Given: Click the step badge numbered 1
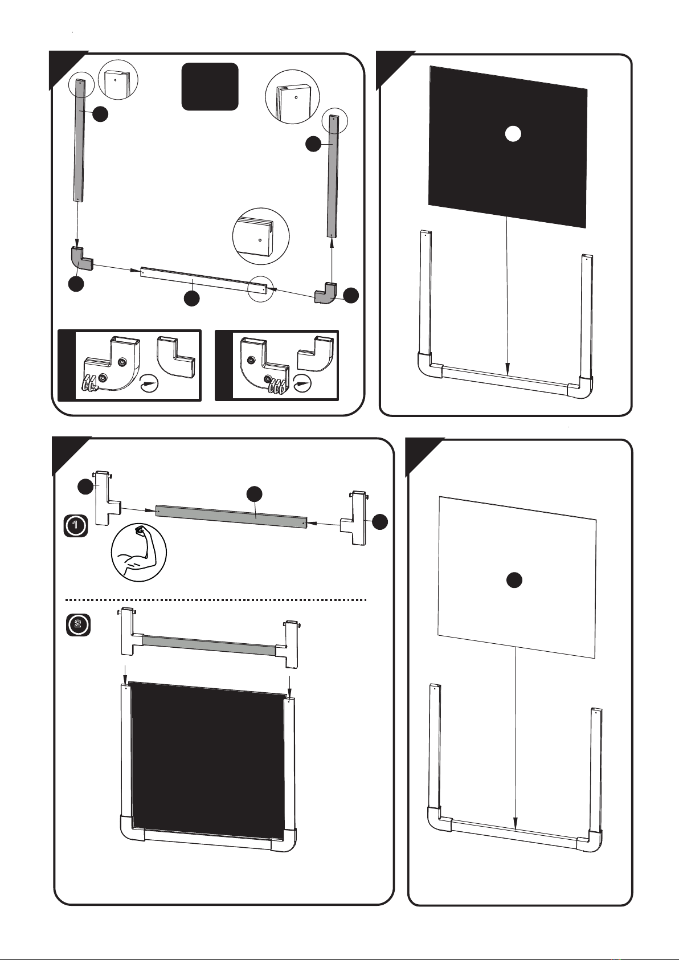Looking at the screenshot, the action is coord(76,526).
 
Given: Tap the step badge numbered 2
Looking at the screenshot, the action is coord(78,624).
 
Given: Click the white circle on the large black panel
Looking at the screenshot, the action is coord(512,134).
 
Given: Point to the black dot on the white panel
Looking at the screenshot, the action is coord(514,581).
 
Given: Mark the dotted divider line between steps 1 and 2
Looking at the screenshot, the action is coord(215,599).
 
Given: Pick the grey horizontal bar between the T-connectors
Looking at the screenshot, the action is coord(231,517).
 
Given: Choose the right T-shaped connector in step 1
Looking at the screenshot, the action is coord(354,518).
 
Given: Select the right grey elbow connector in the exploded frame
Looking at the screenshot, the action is coord(326,292).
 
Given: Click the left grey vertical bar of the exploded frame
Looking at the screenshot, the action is coord(80,141).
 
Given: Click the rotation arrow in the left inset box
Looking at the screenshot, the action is coord(149,382).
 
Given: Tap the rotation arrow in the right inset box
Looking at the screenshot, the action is coord(303,382).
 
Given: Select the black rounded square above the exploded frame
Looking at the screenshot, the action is coord(210,87).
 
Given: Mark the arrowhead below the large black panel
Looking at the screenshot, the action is coord(508,368).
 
